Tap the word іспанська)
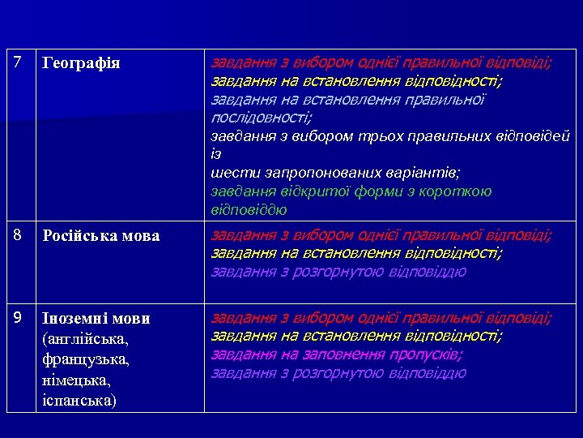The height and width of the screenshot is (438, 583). click(79, 400)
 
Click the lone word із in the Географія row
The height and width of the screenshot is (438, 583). click(216, 154)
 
